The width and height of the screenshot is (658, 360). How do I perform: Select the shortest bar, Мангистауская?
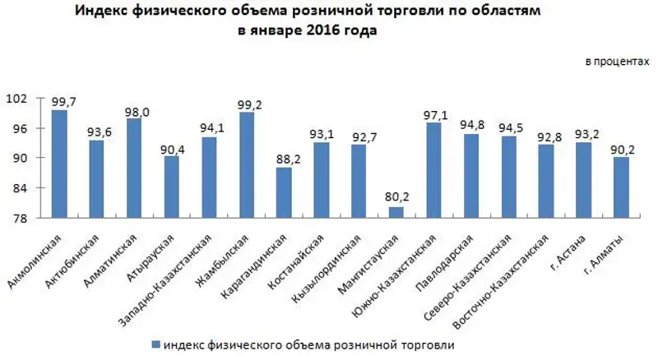396,213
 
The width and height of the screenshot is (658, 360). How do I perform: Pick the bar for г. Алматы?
620,188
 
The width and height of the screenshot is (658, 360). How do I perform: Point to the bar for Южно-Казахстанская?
433,171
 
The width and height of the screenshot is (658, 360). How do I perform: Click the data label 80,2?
396,197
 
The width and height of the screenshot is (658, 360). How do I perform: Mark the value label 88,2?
284,158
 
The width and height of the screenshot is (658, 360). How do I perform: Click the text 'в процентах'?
613,62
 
